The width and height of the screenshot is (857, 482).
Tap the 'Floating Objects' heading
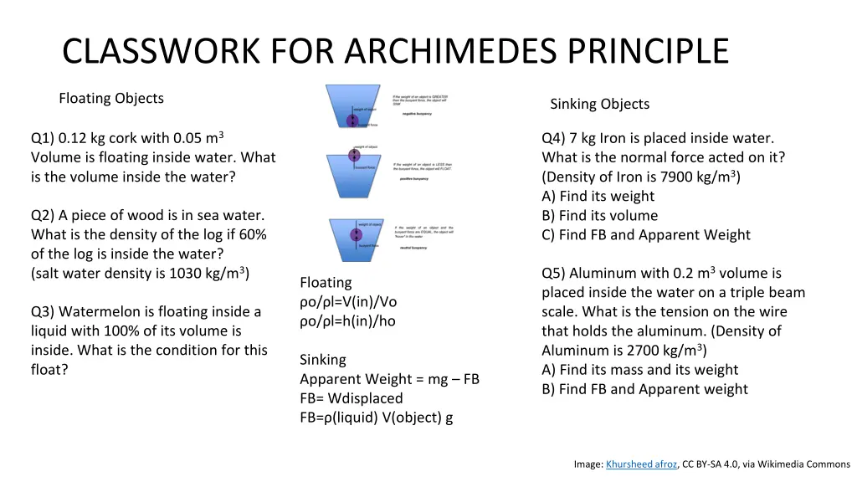coord(111,98)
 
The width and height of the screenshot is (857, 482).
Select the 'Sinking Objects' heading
coord(599,104)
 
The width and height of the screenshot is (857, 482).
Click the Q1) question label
coord(43,138)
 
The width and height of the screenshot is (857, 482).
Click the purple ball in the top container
coord(352,120)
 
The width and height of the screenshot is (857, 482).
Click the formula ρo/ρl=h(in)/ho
coord(347,320)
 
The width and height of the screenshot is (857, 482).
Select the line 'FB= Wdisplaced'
coord(352,398)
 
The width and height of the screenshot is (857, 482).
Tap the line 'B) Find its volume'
coord(599,215)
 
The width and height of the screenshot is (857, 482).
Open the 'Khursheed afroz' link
coord(641,464)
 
